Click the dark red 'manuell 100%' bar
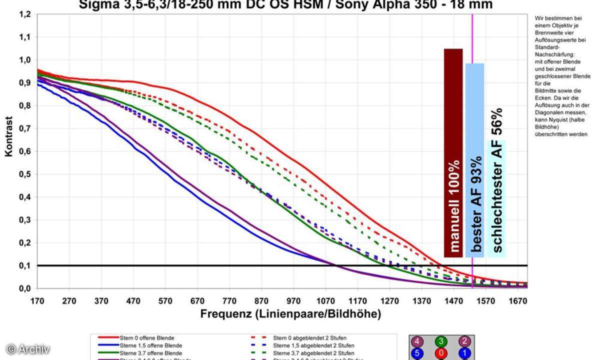pyautogui.click(x=453, y=152)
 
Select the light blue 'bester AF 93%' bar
pyautogui.click(x=474, y=160)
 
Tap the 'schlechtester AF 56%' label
pyautogui.click(x=497, y=180)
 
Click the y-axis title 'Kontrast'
pyautogui.click(x=9, y=136)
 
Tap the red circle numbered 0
pyautogui.click(x=440, y=353)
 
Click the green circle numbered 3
pyautogui.click(x=440, y=342)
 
